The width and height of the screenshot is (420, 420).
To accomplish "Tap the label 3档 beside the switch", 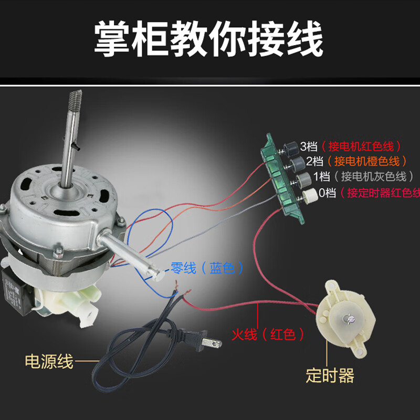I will pyautogui.click(x=309, y=145).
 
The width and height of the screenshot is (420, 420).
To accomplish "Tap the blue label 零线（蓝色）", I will pyautogui.click(x=207, y=268).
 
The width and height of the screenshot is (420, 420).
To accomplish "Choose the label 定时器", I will pyautogui.click(x=330, y=375).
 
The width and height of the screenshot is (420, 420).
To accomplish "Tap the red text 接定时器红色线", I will pyautogui.click(x=380, y=193).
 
